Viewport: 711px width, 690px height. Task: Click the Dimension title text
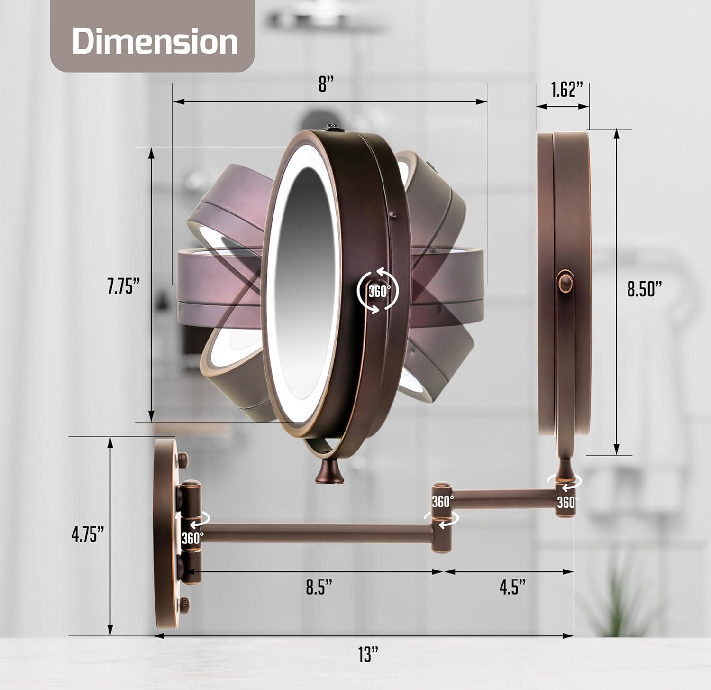(x=155, y=42)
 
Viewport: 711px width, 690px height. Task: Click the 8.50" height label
(x=644, y=288)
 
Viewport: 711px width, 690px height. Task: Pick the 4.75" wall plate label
(x=88, y=534)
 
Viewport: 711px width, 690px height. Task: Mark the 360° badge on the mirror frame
(x=378, y=291)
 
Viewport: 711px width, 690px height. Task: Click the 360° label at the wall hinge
(x=192, y=538)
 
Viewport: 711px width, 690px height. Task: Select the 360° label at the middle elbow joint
(x=442, y=502)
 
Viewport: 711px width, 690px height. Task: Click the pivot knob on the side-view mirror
(x=565, y=282)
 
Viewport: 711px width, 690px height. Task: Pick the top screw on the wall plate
(x=182, y=458)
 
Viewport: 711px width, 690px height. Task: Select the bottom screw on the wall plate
(x=182, y=604)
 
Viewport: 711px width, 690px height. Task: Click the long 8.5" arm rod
(x=318, y=533)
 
